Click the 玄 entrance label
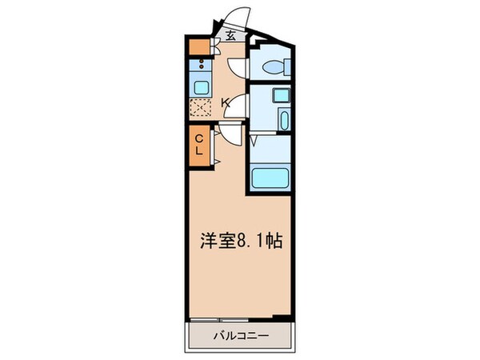[x=230, y=34]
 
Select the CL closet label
[x=200, y=146]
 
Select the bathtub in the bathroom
[x=269, y=177]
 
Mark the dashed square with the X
[x=200, y=109]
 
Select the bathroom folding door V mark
[x=254, y=141]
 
